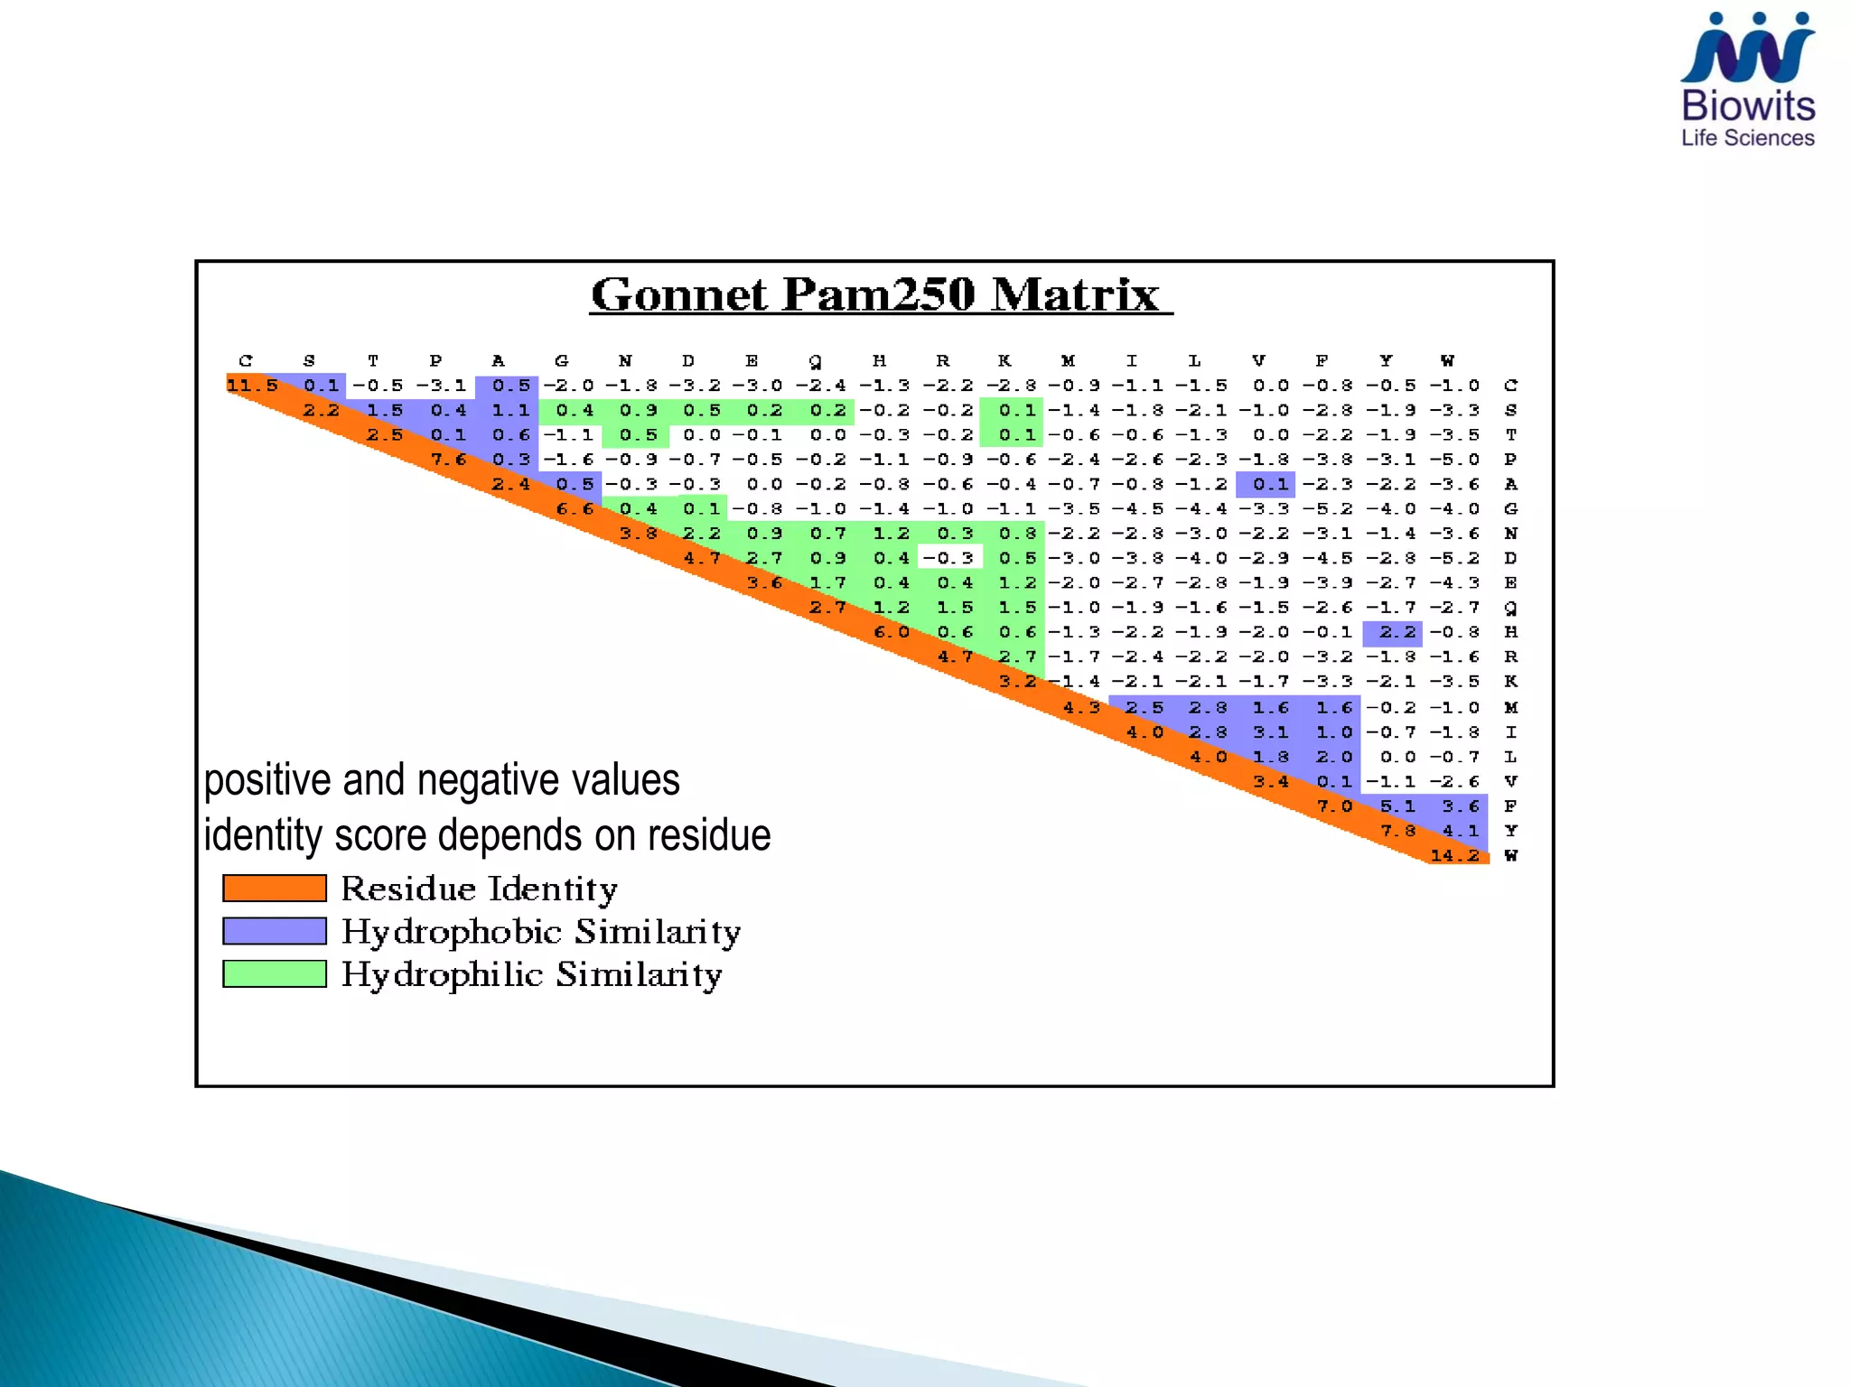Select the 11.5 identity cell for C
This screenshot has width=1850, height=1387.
pos(252,386)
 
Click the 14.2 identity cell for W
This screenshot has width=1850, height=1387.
pos(1455,855)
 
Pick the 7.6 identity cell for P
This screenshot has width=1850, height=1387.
pos(448,460)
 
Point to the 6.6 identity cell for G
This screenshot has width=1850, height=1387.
pos(575,509)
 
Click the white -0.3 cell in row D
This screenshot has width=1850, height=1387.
pos(949,558)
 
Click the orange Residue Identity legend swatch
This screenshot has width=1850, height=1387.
pos(275,889)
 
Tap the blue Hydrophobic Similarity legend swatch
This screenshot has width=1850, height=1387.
pos(275,931)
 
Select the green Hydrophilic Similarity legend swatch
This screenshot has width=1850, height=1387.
pos(275,973)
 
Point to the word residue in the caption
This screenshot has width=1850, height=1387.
pos(709,835)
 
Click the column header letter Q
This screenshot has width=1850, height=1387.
pos(816,361)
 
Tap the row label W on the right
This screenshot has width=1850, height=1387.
pos(1510,855)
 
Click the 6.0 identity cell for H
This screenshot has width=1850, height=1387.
pos(891,633)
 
